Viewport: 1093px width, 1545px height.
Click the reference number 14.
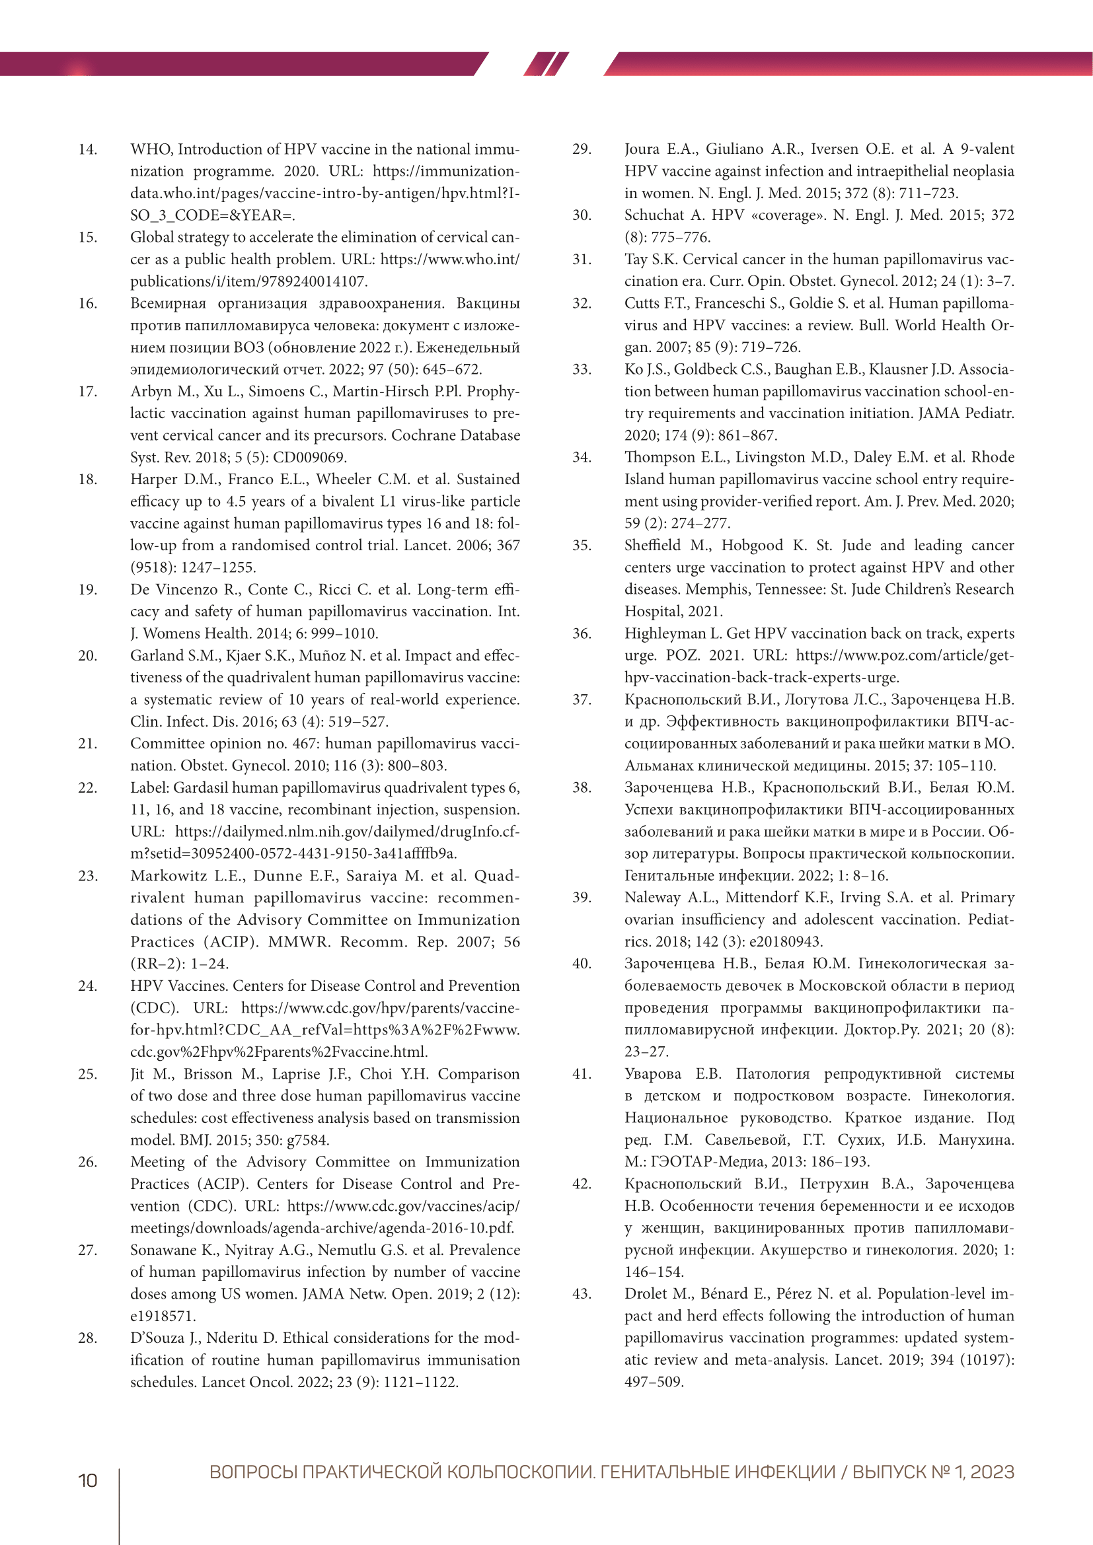click(x=87, y=149)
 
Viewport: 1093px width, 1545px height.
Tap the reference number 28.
click(x=87, y=1338)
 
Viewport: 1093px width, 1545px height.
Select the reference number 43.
click(x=582, y=1293)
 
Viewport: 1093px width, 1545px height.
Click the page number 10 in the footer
click(x=87, y=1480)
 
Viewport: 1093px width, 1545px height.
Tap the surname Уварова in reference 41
click(x=652, y=1074)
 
